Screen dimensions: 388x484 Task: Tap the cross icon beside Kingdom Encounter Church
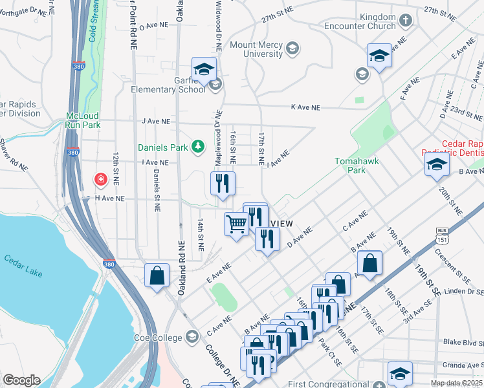click(406, 21)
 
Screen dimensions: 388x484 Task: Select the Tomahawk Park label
click(350, 166)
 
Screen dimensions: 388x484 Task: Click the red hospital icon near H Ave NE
click(100, 179)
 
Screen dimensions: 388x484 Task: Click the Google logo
click(21, 380)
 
